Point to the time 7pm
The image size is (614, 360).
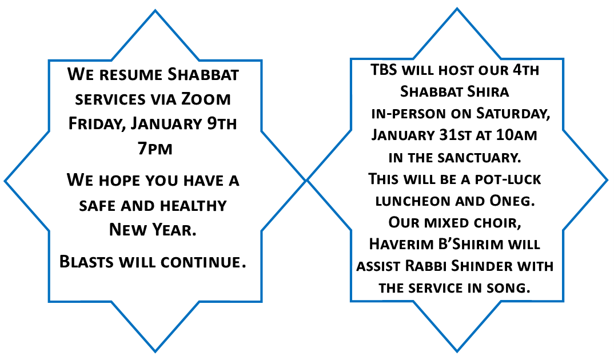155,149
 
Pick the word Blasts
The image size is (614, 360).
87,261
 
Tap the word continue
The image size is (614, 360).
204,262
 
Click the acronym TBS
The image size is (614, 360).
384,70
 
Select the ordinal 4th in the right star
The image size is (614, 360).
526,70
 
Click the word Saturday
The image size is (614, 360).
513,114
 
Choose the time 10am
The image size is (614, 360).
516,135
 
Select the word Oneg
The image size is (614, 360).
512,201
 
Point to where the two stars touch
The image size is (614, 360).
306,181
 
